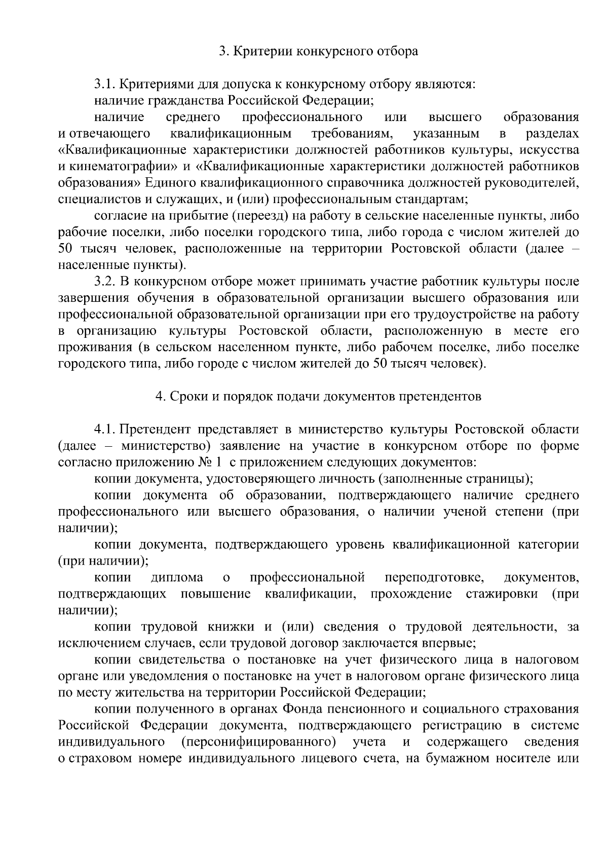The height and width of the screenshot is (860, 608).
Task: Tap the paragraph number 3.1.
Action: tap(107, 84)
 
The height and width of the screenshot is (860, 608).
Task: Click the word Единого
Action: tap(171, 183)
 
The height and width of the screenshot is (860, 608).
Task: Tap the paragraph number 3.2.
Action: tap(107, 282)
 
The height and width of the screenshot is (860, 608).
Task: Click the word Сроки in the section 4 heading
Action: tap(185, 397)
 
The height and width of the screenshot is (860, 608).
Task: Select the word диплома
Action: tap(177, 577)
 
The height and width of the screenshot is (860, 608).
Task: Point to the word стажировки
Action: tap(502, 594)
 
